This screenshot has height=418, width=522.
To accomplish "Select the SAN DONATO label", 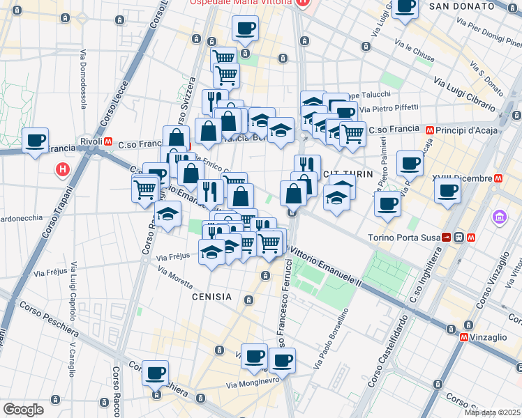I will click(462, 6).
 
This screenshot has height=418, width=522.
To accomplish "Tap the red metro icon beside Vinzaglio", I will click(465, 337).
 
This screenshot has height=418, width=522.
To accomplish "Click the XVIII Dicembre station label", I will click(461, 178).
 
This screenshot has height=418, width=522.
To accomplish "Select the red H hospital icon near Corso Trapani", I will click(63, 169).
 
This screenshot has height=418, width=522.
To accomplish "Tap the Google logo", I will click(23, 409).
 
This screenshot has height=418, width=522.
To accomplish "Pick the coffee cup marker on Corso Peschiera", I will click(155, 373).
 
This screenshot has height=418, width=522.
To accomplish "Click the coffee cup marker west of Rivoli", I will click(35, 140).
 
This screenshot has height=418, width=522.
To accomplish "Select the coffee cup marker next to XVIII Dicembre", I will click(447, 190).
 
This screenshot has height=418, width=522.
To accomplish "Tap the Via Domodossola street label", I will click(84, 79).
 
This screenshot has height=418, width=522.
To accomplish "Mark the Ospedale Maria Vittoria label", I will click(241, 3).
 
